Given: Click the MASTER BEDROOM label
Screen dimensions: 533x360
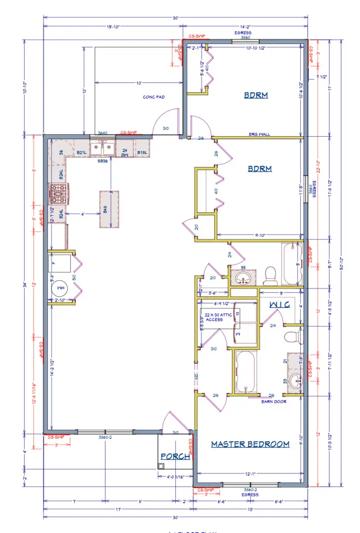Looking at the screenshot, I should [x=250, y=444].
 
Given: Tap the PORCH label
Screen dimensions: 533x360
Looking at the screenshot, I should [x=175, y=457].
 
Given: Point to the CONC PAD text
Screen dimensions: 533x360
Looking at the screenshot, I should [x=153, y=97].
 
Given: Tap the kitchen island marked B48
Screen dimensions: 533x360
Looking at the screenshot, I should [x=110, y=210].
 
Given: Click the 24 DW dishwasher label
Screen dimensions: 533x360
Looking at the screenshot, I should [x=125, y=152].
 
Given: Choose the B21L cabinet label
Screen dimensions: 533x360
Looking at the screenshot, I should [x=81, y=152].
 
